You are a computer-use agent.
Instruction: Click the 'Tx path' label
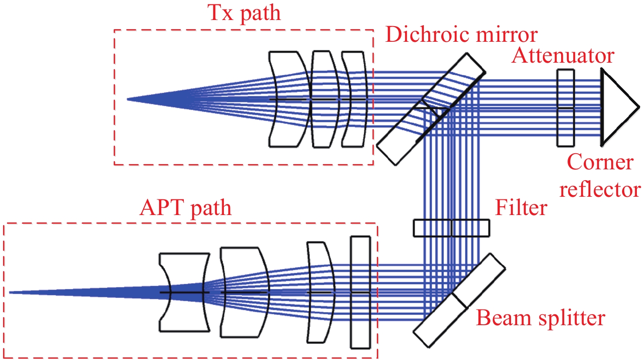[244, 13]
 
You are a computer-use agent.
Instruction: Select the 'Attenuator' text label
[563, 56]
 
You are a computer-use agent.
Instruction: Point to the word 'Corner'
[600, 162]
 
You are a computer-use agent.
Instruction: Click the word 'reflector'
[600, 189]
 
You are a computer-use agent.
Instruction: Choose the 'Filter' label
[521, 208]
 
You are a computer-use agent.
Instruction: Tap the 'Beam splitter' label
[540, 318]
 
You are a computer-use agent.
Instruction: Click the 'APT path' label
[185, 208]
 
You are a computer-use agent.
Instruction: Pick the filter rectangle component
[451, 228]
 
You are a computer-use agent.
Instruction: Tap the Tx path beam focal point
[128, 99]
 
